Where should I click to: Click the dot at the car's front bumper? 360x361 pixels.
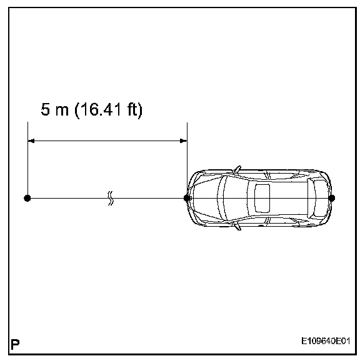(187, 198)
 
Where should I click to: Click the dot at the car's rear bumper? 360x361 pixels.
(332, 198)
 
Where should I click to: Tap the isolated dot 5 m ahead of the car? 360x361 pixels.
(27, 198)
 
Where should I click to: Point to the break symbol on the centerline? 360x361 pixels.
(111, 198)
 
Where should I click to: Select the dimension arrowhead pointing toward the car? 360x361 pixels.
(183, 141)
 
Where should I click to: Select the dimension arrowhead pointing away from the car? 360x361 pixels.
(31, 141)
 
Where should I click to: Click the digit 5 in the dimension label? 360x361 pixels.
(45, 109)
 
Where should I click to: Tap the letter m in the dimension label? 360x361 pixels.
(62, 111)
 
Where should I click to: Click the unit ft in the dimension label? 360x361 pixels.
(132, 109)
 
